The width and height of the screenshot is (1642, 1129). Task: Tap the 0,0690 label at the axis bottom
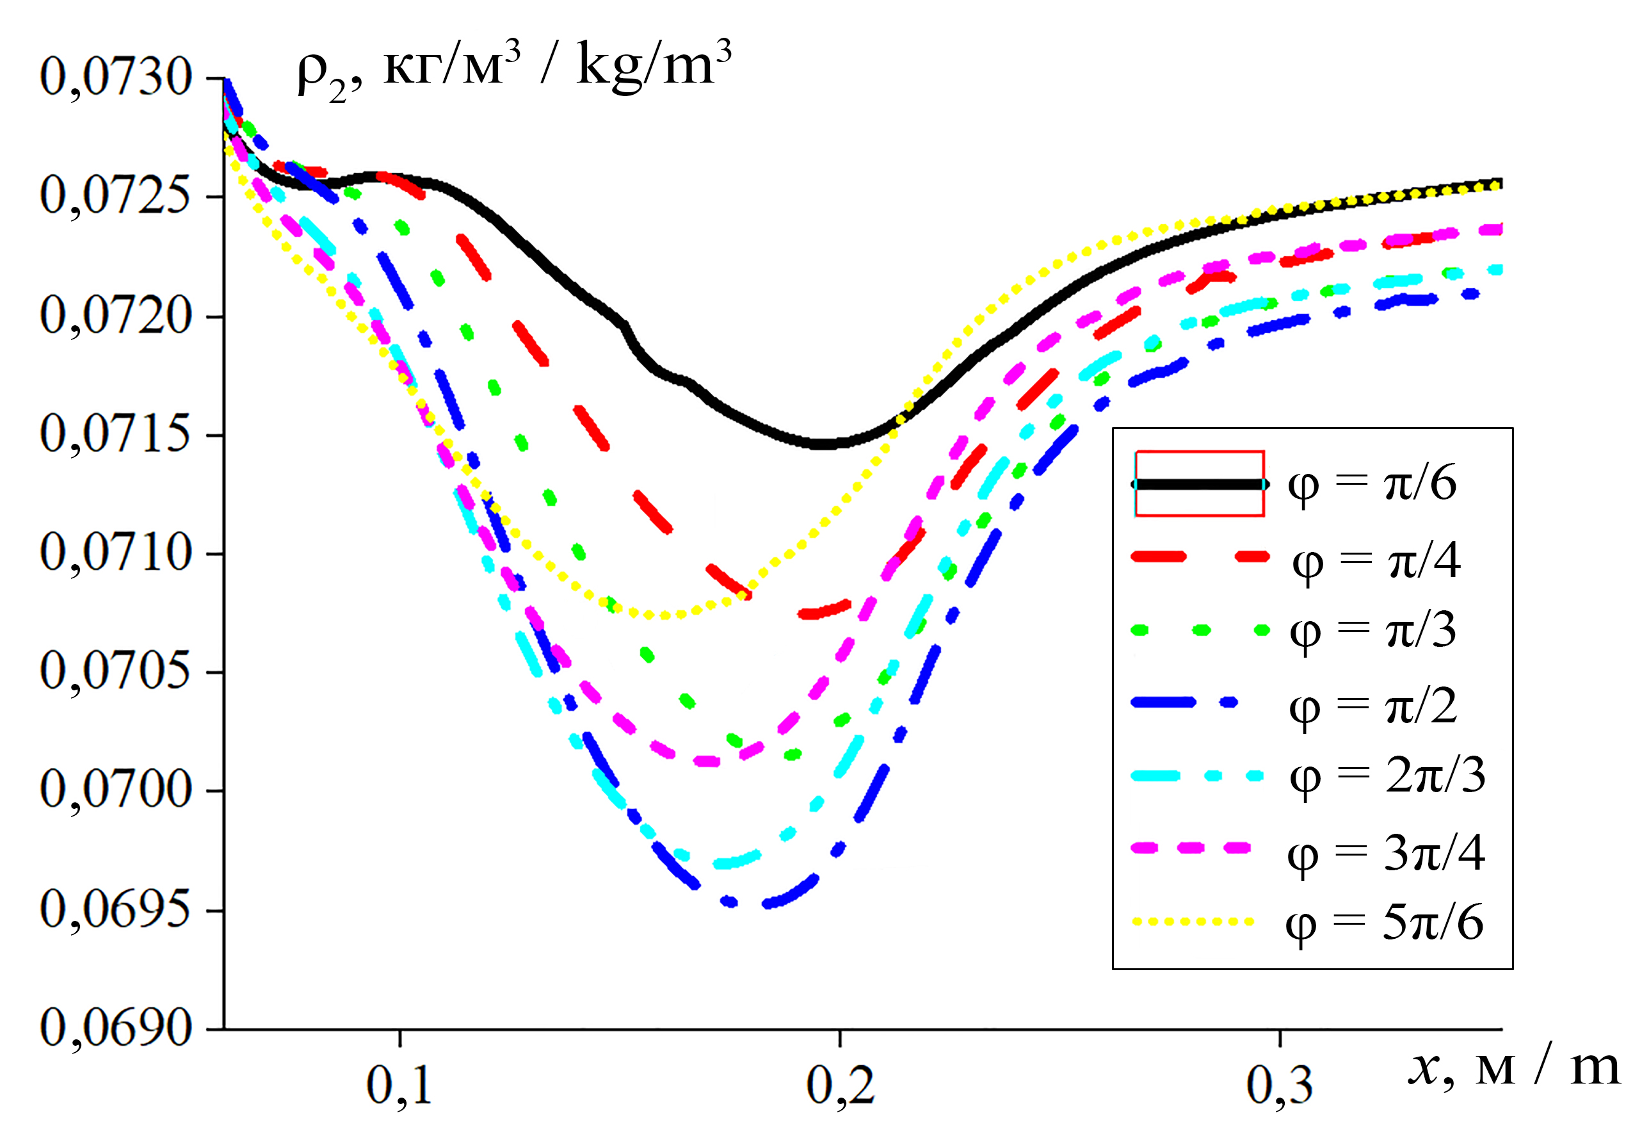(116, 1027)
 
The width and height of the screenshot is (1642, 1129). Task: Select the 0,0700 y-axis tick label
(116, 789)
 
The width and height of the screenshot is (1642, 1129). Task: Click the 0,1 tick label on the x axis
(399, 1085)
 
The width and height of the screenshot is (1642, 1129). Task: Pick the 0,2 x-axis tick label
(840, 1085)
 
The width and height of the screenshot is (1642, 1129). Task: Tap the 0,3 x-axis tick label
(1280, 1085)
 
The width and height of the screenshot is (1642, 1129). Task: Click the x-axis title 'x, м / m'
(1513, 1068)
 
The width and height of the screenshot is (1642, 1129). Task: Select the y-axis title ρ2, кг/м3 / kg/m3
(514, 67)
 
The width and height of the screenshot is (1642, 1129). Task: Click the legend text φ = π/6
(1372, 484)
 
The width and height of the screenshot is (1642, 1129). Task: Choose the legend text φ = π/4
(1376, 560)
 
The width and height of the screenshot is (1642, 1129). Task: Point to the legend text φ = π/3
(1372, 630)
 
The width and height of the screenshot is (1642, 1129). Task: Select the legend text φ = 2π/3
(1387, 776)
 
